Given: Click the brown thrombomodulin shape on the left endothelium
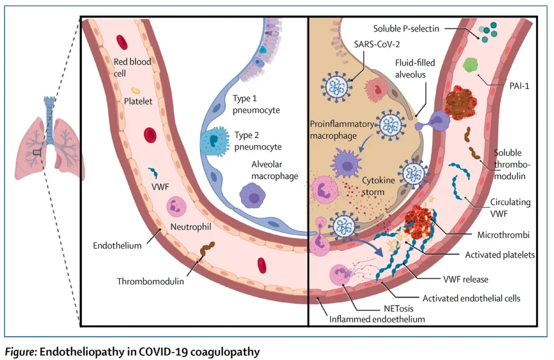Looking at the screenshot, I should [206, 251].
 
